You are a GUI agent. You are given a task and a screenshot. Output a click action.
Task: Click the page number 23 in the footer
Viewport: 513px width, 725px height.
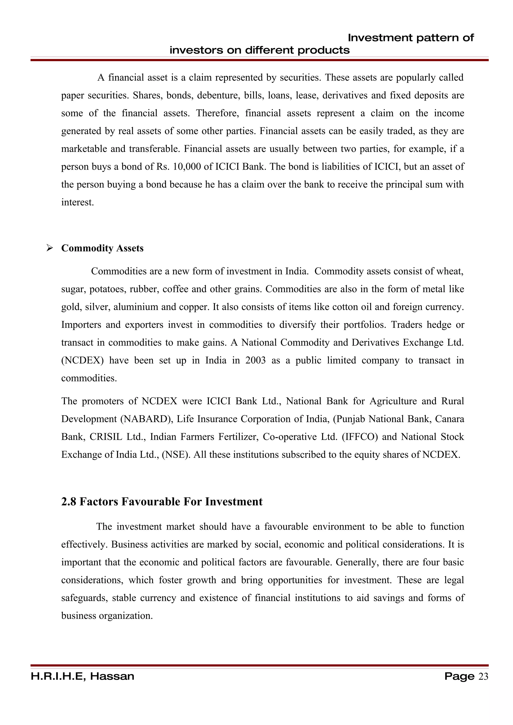[x=483, y=676]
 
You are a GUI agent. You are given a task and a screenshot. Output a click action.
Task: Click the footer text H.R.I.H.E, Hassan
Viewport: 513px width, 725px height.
[x=82, y=676]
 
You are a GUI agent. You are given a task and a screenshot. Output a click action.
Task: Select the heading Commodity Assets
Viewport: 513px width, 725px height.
[x=102, y=248]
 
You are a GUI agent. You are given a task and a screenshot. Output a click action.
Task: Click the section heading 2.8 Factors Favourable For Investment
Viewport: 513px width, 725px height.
[x=162, y=501]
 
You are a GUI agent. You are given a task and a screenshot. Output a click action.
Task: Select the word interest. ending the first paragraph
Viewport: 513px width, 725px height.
[x=77, y=202]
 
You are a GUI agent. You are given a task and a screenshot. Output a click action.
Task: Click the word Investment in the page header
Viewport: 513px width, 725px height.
[x=380, y=38]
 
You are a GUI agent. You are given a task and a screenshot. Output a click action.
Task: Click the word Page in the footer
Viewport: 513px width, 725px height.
[x=459, y=676]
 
